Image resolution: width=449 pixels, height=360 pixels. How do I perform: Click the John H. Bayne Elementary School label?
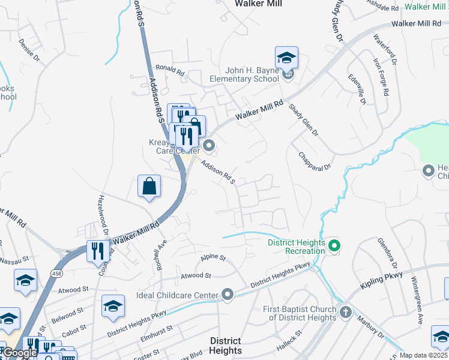[x=244, y=74]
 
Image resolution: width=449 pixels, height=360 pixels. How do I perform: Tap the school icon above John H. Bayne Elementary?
[x=287, y=58]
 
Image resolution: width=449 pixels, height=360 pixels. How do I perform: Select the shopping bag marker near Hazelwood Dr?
[x=149, y=186]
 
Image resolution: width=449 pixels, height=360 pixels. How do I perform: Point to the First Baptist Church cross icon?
[x=345, y=312]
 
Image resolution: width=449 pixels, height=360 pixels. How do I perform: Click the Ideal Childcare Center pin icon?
[x=228, y=294]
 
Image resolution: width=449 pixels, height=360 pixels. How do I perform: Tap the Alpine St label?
[x=213, y=257]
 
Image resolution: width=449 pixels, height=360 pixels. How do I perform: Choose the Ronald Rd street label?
[x=170, y=71]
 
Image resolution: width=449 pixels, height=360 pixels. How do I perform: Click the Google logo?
[x=20, y=353]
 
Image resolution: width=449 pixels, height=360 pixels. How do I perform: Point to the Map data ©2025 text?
[x=423, y=355]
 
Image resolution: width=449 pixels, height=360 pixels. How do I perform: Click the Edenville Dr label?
[x=357, y=89]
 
